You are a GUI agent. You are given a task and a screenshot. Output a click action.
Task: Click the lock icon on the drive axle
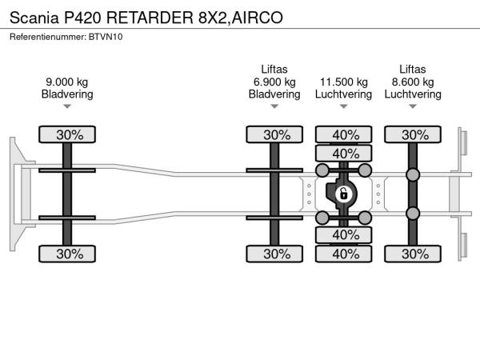tap(343, 194)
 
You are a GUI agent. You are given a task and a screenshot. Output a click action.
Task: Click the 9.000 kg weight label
tap(67, 82)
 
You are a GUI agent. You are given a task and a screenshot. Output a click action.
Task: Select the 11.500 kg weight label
tap(344, 82)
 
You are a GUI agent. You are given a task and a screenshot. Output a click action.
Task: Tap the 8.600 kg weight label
tap(413, 82)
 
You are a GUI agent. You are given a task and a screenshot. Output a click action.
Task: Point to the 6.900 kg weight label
tap(274, 82)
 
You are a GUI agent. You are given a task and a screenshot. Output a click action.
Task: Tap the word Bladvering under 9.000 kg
tap(67, 94)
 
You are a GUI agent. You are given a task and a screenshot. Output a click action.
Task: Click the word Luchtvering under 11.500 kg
tap(344, 94)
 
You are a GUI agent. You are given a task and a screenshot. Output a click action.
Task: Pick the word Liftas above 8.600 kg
tap(413, 69)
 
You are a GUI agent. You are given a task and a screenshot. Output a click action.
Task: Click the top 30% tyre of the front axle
tap(69, 134)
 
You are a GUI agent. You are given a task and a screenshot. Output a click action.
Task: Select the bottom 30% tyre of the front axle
tap(69, 254)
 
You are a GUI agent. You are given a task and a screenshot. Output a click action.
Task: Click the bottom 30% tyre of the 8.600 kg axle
tap(414, 254)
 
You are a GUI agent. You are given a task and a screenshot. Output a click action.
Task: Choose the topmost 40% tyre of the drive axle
tap(345, 134)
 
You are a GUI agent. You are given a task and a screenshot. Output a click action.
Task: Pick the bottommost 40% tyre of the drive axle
tap(345, 254)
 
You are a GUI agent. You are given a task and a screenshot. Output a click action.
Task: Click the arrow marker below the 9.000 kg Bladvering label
tap(67, 106)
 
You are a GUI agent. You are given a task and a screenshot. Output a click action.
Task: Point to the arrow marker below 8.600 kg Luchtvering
tap(413, 106)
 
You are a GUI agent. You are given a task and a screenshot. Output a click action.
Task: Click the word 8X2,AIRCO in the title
tap(239, 16)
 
